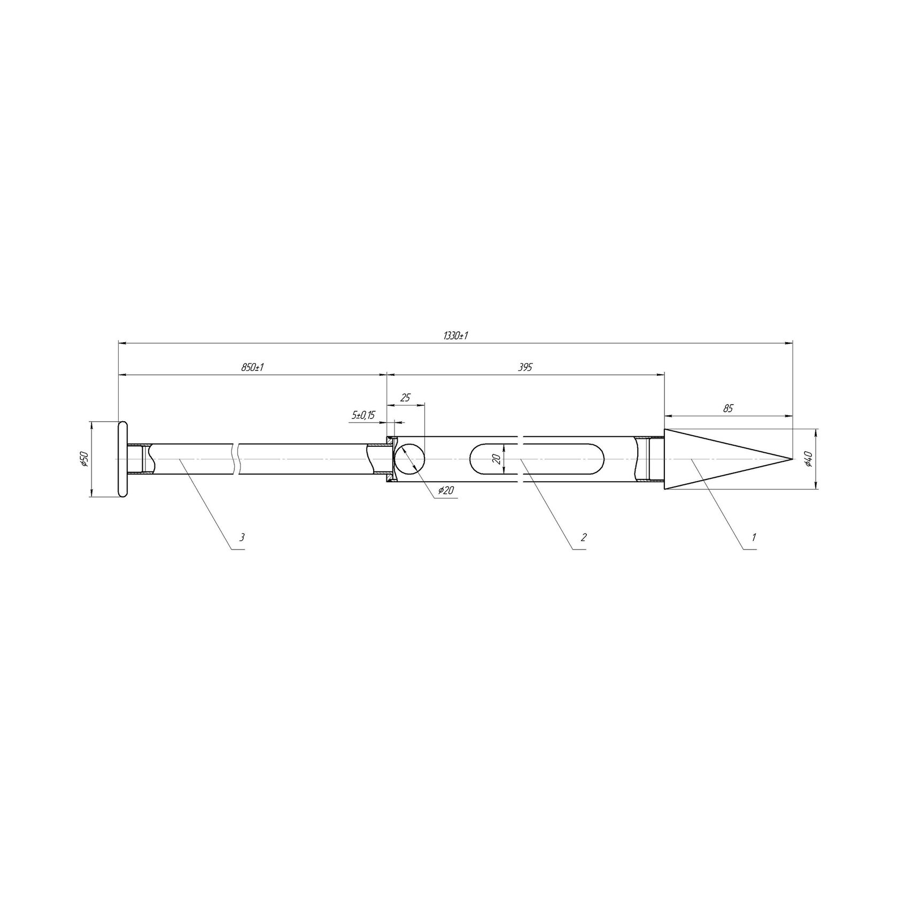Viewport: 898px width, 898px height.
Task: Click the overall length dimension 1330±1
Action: point(456,336)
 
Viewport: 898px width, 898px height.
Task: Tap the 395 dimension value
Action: point(526,368)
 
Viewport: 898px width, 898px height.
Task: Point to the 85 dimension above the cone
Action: point(727,408)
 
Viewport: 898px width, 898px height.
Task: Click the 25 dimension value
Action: point(405,398)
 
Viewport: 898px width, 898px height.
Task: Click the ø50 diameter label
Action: point(83,459)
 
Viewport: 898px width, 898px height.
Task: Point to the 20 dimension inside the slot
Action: point(497,459)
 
